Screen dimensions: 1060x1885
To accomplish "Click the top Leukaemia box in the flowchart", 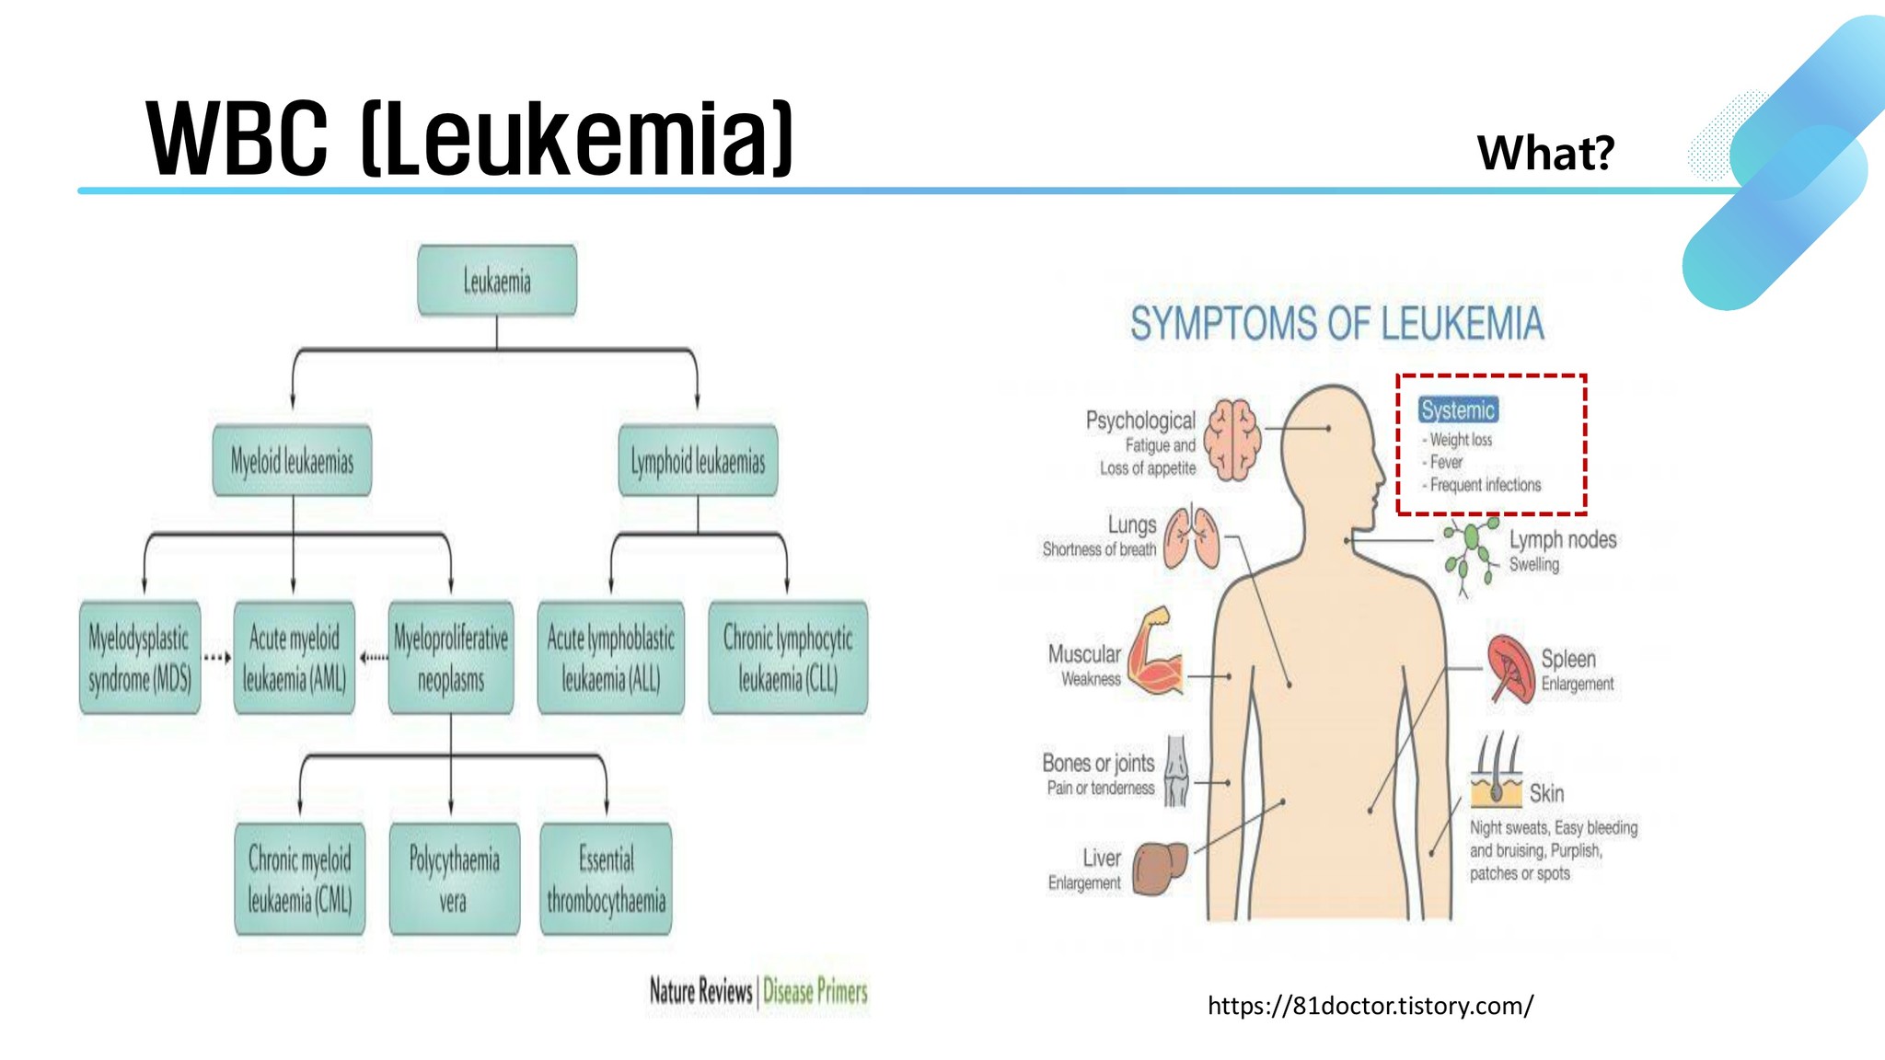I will click(497, 281).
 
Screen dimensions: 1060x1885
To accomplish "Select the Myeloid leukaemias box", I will click(292, 461).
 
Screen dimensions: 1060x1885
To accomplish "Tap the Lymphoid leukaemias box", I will click(698, 461).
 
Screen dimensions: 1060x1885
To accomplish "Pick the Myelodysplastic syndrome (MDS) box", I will click(140, 658).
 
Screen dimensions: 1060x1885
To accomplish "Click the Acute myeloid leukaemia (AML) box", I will click(295, 658).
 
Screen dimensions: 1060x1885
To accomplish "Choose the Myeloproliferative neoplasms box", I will click(451, 658).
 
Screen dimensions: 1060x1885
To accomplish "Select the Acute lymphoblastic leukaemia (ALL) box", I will click(611, 658).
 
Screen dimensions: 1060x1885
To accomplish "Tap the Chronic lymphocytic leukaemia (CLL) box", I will click(788, 658).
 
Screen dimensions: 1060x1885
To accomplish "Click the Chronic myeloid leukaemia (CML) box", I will click(300, 879).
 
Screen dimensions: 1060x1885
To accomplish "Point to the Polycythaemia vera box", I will click(454, 879).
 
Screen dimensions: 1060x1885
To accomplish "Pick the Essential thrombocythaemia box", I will click(606, 879).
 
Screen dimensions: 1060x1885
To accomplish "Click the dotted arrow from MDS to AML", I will click(217, 658).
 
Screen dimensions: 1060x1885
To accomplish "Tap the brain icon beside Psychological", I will click(1234, 439).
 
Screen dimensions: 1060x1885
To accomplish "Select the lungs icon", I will click(1192, 537).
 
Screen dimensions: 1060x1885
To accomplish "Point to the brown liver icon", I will click(1159, 868).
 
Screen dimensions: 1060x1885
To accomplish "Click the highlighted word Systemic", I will click(1458, 410).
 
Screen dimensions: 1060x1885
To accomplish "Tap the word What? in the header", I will click(1545, 153).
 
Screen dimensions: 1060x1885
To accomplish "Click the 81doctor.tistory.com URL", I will click(1370, 1006).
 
